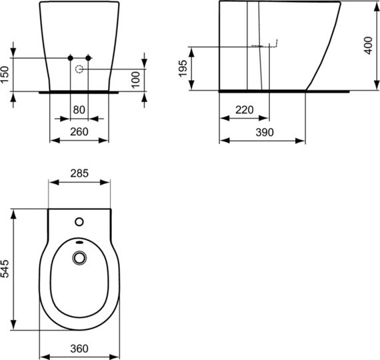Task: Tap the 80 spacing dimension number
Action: coord(79,109)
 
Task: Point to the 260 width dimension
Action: coord(79,131)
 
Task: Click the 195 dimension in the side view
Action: coord(181,67)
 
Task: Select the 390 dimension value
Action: coord(263,132)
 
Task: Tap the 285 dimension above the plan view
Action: coord(79,173)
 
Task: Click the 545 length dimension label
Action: coord(6,269)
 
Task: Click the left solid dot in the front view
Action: coord(71,58)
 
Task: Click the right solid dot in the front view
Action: coord(88,58)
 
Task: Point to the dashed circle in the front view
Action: coord(79,69)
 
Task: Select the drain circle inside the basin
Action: coord(79,257)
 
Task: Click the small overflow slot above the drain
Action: coord(79,242)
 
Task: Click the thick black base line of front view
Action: coord(79,91)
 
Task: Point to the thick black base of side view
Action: coord(263,89)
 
